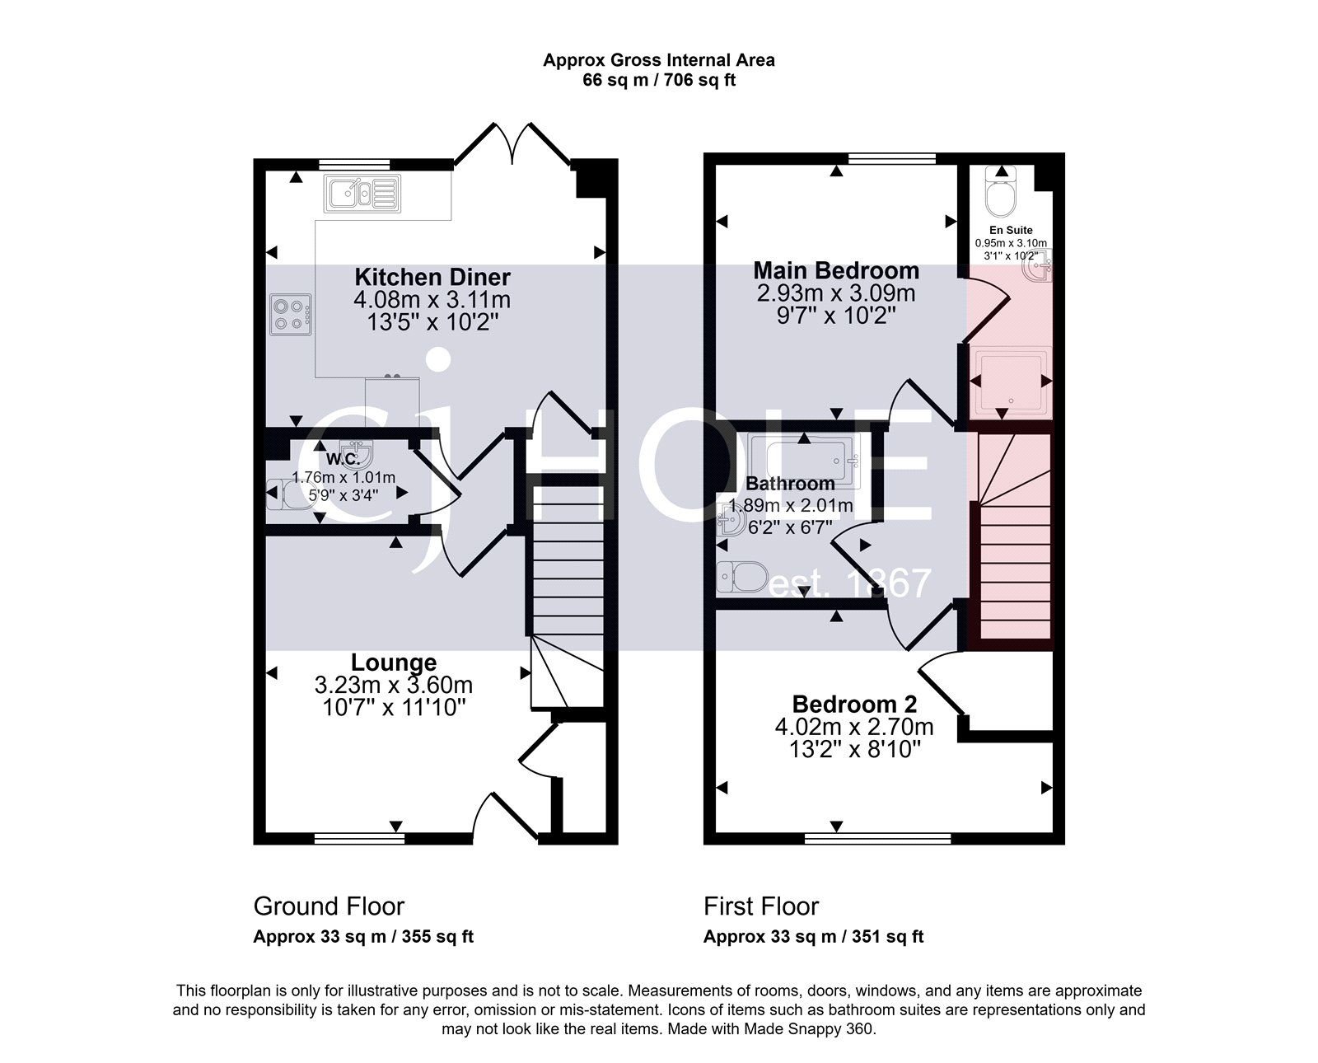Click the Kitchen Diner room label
pos(432,277)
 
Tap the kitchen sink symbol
pos(362,194)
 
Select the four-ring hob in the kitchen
pos(290,315)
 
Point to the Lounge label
pos(394,663)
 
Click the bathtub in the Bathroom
pos(804,460)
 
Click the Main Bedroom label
pos(836,270)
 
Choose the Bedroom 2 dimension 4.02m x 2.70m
pos(854,727)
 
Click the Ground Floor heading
pos(329,906)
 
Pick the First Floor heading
pos(761,906)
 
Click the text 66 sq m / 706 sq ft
pos(659,81)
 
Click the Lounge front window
pos(359,839)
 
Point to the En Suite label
pos(1011,231)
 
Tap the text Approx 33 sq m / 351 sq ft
pos(813,937)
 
